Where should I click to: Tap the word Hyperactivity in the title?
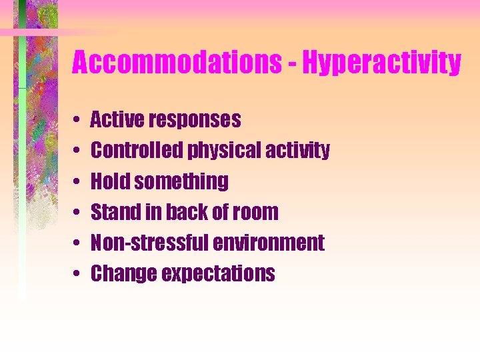pos(381,64)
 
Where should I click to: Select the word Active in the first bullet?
pos(117,120)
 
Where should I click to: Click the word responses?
pos(195,121)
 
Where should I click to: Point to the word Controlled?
pos(137,151)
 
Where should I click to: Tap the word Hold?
pos(107,181)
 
